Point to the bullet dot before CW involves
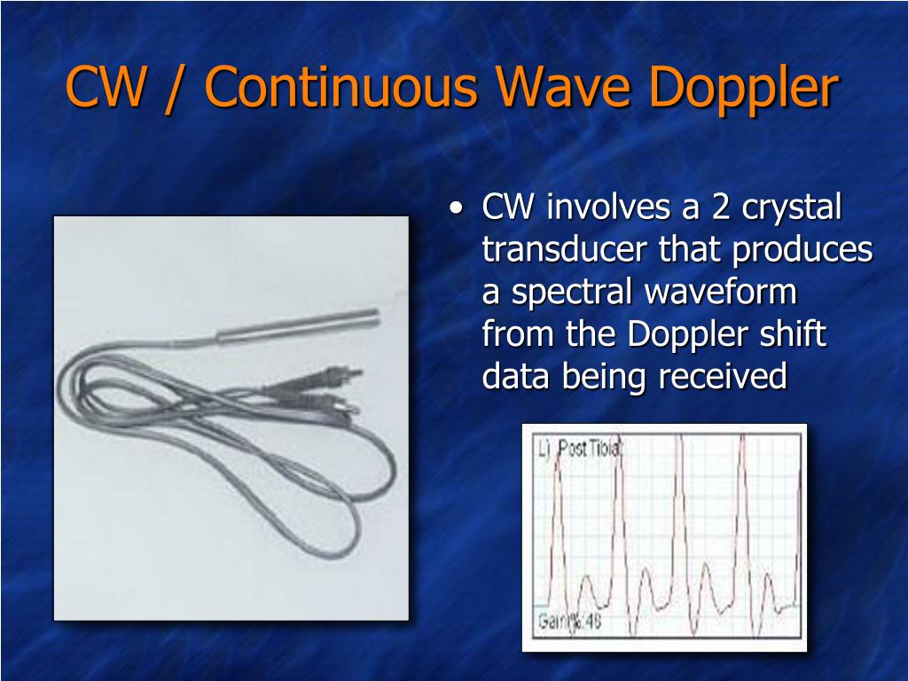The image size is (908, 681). [x=456, y=210]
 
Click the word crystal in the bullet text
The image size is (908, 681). [x=791, y=208]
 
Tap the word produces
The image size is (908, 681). [x=802, y=252]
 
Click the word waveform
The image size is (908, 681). [x=721, y=292]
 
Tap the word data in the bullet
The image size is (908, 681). [x=515, y=377]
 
